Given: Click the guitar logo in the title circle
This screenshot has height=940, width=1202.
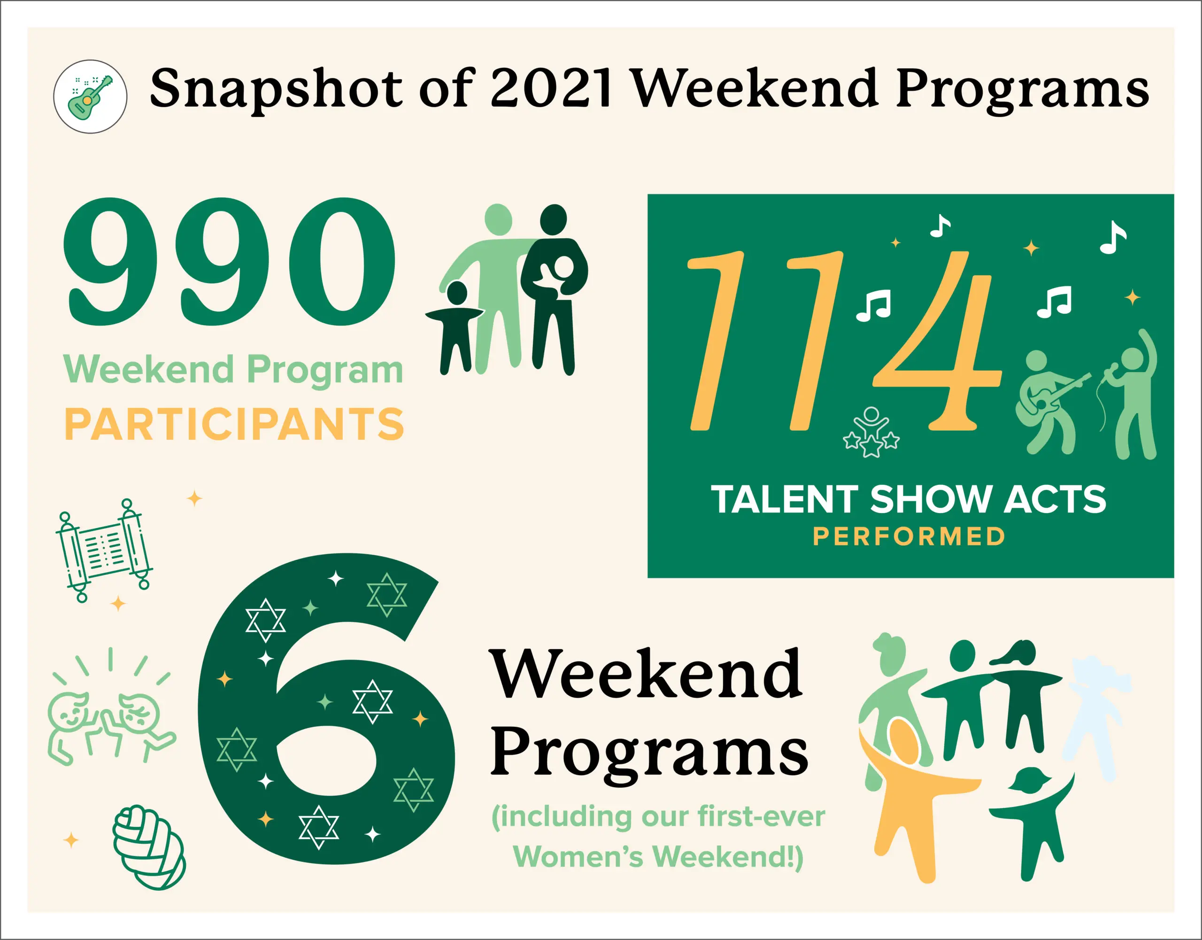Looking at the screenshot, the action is [90, 96].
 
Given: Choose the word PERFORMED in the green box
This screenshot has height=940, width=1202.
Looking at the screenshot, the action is [909, 536].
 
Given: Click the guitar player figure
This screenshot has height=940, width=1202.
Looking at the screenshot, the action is [1049, 402].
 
